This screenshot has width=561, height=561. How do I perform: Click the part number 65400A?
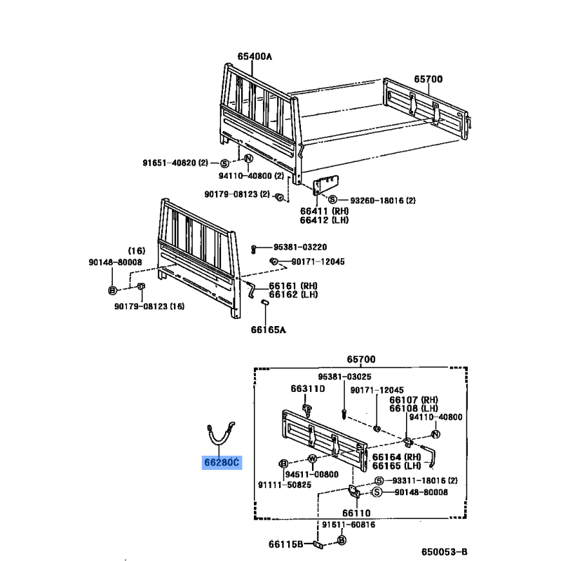point(255,57)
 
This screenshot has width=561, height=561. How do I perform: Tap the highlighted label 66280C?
point(222,463)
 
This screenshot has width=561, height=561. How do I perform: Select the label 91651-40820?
point(170,163)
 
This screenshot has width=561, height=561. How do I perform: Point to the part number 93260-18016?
point(377,201)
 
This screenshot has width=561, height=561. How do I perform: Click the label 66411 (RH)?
point(325,211)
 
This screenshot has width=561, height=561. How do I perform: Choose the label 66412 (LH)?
point(324,219)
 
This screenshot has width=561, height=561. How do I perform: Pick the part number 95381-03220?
point(300,248)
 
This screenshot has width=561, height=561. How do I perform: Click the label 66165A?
point(269,330)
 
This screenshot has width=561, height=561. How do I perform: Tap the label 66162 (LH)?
point(293,295)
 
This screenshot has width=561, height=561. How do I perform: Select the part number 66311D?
point(308,388)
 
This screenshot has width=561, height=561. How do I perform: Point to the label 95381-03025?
point(344,377)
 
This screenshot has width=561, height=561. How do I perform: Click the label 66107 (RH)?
point(414,400)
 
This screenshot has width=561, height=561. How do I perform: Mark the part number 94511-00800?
point(311,475)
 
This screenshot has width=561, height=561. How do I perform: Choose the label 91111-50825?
point(285,485)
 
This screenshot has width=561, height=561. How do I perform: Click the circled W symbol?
point(312,459)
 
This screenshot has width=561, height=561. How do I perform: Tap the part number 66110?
point(356,513)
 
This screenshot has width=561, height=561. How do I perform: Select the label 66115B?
point(286,544)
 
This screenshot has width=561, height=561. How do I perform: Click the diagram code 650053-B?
point(445,552)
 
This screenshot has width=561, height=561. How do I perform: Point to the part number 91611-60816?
point(349,525)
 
